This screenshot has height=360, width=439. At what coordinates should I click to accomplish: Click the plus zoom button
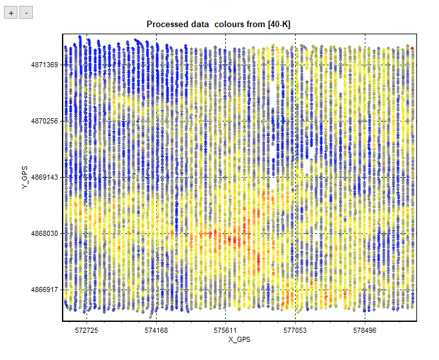11,12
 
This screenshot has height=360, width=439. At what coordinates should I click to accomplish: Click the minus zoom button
26,12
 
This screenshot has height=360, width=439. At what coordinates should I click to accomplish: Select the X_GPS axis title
239,339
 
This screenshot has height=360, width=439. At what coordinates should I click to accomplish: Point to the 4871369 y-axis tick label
44,65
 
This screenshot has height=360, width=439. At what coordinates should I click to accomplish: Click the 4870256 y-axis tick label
44,121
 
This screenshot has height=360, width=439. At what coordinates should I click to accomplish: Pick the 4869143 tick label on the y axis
44,177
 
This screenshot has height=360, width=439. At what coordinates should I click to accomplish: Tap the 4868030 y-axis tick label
44,233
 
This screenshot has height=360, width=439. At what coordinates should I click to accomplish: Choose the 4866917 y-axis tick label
44,290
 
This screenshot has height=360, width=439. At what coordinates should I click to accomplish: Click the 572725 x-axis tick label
87,330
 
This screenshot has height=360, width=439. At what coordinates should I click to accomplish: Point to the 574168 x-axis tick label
156,330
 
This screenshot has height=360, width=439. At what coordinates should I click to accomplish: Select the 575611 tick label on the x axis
226,330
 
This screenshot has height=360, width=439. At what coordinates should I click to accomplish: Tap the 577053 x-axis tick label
295,330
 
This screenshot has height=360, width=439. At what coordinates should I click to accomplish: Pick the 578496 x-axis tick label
365,330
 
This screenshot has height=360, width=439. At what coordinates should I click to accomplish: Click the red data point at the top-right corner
412,48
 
